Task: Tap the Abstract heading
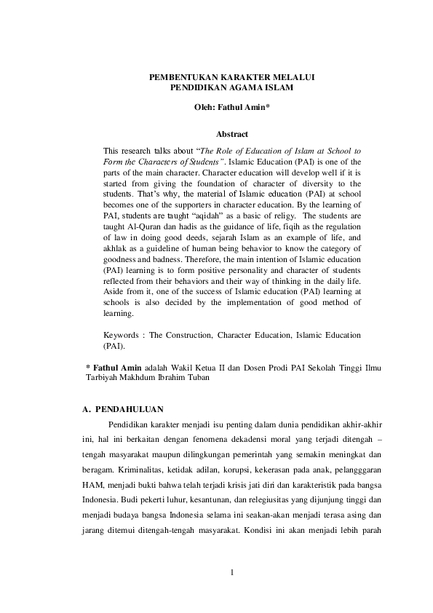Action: (x=232, y=133)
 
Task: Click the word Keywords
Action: (x=122, y=335)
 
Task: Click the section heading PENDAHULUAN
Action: (x=130, y=408)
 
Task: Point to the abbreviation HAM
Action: (x=92, y=484)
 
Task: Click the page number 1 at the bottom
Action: (x=232, y=571)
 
